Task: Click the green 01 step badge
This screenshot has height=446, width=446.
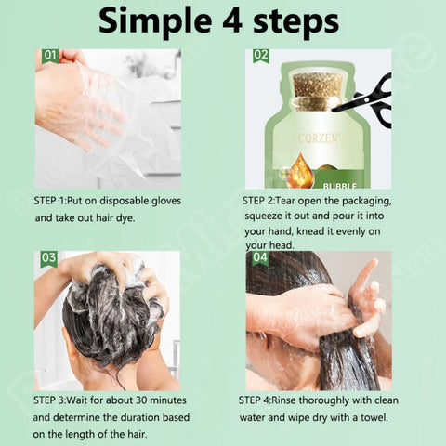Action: [x=49, y=56]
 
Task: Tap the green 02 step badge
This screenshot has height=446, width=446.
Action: [x=261, y=56]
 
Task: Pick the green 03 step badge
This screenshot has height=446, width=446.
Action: [x=48, y=257]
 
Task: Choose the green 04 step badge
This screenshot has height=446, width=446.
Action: [x=261, y=257]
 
